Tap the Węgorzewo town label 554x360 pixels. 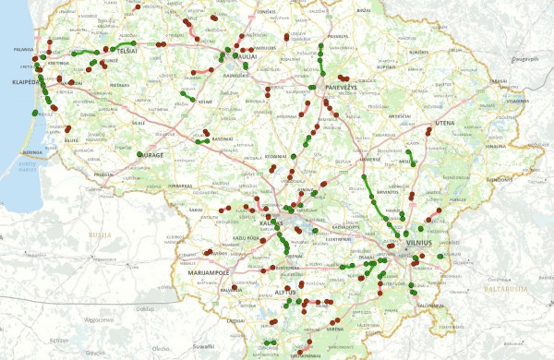pyautogui.click(x=97, y=318)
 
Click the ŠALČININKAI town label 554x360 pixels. pyautogui.click(x=431, y=306)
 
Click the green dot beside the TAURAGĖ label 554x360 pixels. pyautogui.click(x=139, y=154)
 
